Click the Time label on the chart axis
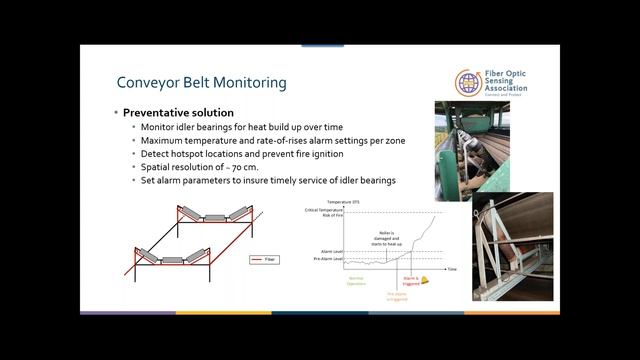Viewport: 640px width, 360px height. point(452,269)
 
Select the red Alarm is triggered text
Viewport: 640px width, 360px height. point(409,283)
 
